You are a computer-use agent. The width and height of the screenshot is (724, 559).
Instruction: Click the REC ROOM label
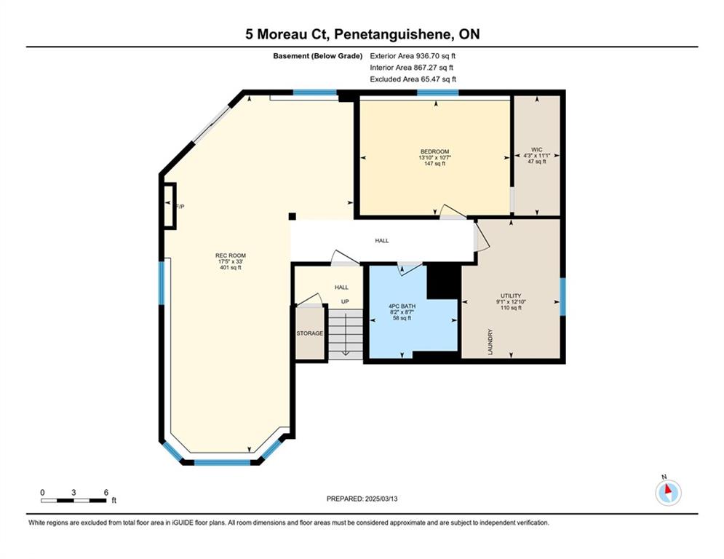(231, 255)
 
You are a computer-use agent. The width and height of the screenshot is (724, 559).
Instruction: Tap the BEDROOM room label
(434, 151)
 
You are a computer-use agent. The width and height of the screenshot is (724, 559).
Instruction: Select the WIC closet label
(536, 150)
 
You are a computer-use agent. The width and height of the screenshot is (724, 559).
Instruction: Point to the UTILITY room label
(511, 296)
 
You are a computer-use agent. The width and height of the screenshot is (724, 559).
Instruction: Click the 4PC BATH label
(402, 306)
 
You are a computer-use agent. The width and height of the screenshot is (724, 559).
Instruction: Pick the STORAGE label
(309, 333)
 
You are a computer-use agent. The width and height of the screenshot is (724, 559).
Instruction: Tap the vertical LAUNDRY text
(490, 342)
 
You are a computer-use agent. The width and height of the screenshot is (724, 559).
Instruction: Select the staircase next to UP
(345, 333)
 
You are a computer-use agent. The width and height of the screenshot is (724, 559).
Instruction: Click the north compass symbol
(668, 493)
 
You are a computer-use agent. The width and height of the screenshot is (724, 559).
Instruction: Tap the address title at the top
(362, 34)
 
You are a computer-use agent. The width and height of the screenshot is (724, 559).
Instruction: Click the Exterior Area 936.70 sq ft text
(413, 56)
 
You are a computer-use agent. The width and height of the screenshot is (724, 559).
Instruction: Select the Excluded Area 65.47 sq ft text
(413, 79)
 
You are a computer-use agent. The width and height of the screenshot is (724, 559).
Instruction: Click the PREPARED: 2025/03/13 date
(362, 499)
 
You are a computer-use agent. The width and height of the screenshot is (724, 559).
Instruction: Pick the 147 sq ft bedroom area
(434, 164)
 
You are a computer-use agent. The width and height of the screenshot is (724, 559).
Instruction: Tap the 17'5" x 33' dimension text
(231, 261)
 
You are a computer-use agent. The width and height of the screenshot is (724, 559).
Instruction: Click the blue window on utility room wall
(563, 296)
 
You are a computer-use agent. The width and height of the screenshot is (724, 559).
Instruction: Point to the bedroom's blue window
(438, 92)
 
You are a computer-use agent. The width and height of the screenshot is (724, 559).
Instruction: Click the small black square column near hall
(292, 216)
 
